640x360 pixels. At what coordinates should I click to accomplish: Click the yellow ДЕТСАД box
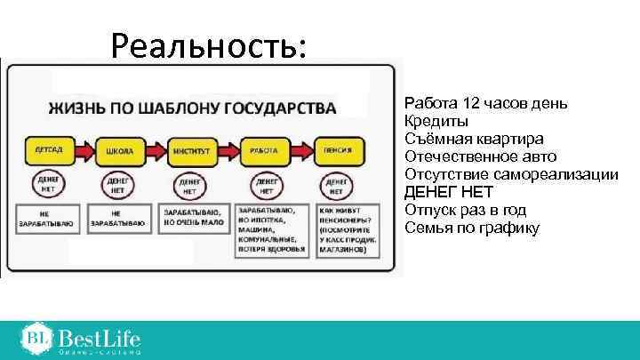click(44, 150)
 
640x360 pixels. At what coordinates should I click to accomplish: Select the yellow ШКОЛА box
click(118, 150)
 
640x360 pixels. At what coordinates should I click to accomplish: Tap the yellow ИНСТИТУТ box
click(189, 150)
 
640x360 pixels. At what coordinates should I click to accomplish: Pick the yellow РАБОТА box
click(264, 150)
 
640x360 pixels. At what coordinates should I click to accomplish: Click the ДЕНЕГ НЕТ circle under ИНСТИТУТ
click(189, 186)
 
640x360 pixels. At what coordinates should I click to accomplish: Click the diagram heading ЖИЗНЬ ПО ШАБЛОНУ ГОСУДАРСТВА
click(192, 108)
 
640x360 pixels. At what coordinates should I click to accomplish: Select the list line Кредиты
click(436, 122)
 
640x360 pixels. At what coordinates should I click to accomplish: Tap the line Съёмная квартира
click(474, 140)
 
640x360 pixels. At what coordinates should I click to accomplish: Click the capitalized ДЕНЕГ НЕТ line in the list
click(448, 193)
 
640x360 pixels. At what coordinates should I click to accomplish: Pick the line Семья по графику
click(471, 228)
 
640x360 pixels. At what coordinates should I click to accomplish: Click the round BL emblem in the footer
click(36, 338)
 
